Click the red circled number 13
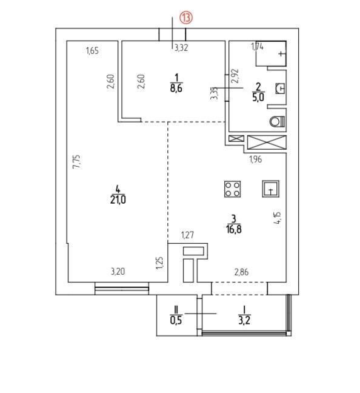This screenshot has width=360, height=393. pos(186,18)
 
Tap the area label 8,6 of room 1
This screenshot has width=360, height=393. pos(176,88)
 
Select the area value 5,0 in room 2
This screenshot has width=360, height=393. pos(258,97)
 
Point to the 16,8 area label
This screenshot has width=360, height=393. pos(234,229)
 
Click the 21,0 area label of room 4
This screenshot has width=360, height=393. pos(118,200)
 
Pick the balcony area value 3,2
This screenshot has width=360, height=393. pos(244,320)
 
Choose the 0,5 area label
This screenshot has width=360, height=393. pos(176,320)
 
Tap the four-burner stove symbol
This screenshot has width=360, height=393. pos(233,189)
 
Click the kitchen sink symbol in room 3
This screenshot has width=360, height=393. pos(270,189)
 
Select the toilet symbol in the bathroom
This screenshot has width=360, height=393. pos(278,122)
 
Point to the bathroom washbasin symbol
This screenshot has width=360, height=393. pos(281,88)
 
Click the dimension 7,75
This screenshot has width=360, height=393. pos(76,162)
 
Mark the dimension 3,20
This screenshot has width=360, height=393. pos(118,272)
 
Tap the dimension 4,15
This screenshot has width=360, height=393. pos(278,218)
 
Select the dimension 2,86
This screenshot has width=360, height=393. pos(241,272)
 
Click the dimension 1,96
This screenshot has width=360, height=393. pos(255,159)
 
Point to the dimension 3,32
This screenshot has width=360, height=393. pos(181,48)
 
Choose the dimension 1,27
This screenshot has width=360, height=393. pos(187,235)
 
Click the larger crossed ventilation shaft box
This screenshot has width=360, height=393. pos(267,142)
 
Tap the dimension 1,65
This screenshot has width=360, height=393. pos(92,51)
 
